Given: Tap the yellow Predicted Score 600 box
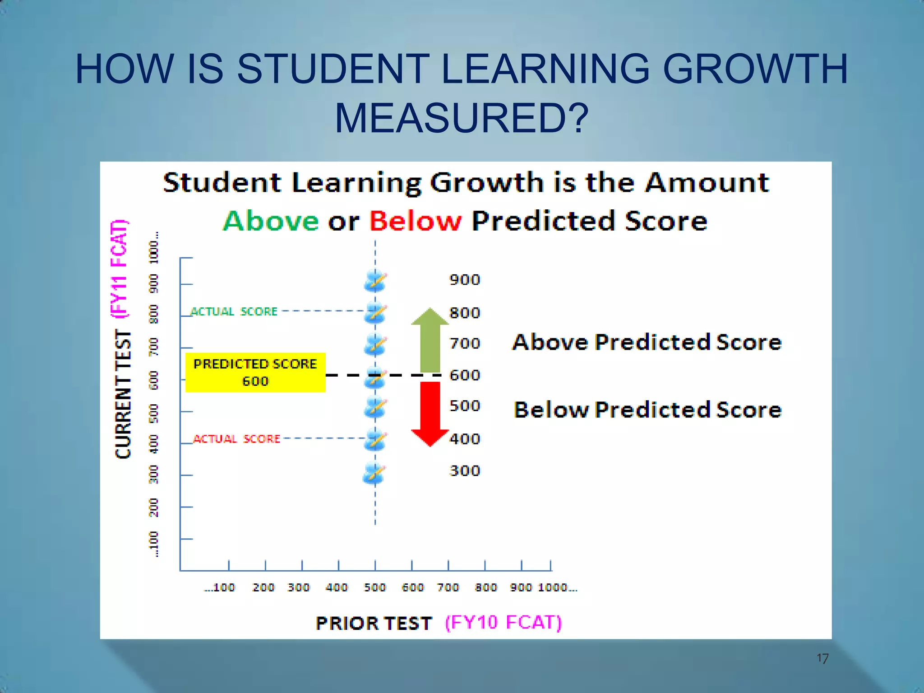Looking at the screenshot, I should click(x=255, y=372).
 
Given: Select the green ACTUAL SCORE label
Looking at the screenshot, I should click(x=234, y=312).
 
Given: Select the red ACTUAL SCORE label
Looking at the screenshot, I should click(x=237, y=439).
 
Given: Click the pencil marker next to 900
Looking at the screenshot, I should click(x=375, y=281).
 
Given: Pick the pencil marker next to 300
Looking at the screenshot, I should click(x=374, y=473).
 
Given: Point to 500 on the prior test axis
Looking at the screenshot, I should click(x=375, y=587).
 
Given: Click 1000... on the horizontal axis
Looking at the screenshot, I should click(x=558, y=587).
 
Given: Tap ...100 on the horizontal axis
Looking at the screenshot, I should click(x=220, y=587).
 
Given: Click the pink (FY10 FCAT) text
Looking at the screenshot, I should click(x=504, y=623).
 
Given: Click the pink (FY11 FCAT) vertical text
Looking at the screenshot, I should click(x=120, y=269).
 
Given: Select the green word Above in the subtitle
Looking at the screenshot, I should click(x=271, y=221).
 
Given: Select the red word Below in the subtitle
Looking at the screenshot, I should click(x=416, y=221).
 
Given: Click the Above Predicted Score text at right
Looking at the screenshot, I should click(x=647, y=342).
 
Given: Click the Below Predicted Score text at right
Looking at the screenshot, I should click(x=647, y=410).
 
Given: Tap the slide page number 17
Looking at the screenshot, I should click(x=822, y=659).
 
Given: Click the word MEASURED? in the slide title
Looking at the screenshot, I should click(x=462, y=118).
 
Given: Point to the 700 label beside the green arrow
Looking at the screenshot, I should click(x=465, y=344).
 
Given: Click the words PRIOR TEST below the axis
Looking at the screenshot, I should click(x=374, y=624).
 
